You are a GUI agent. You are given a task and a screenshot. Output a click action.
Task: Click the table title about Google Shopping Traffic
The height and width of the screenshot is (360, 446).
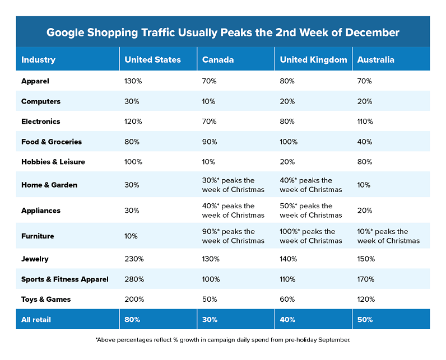(x=223, y=32)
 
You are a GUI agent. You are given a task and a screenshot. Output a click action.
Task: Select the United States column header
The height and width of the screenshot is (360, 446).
(x=152, y=60)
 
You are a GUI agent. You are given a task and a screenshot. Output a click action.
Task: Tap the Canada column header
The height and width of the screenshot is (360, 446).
(x=218, y=60)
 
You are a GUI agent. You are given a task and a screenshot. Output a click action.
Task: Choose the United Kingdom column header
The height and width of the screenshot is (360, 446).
(x=313, y=60)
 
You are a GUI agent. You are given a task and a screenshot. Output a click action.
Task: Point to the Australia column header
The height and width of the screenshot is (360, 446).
(x=375, y=60)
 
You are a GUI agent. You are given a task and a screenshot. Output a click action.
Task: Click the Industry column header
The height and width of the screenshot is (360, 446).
(x=38, y=60)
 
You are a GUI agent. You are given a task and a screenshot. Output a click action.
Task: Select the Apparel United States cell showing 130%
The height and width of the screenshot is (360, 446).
(x=133, y=81)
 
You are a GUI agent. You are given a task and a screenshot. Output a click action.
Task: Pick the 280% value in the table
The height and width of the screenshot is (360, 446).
(x=134, y=279)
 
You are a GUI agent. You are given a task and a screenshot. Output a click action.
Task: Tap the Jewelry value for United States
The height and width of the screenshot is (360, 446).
(x=134, y=259)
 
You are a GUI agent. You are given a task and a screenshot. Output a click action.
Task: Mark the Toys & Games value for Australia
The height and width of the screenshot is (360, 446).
(x=366, y=300)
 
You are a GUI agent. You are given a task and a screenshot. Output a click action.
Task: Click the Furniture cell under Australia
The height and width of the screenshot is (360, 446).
(x=388, y=236)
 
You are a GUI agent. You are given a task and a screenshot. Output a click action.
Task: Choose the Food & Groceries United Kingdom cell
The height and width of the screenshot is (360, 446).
(x=289, y=142)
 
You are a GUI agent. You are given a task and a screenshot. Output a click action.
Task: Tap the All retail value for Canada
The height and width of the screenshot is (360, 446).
(x=210, y=320)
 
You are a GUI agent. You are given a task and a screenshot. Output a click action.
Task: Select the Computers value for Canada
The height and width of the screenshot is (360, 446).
(x=209, y=101)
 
